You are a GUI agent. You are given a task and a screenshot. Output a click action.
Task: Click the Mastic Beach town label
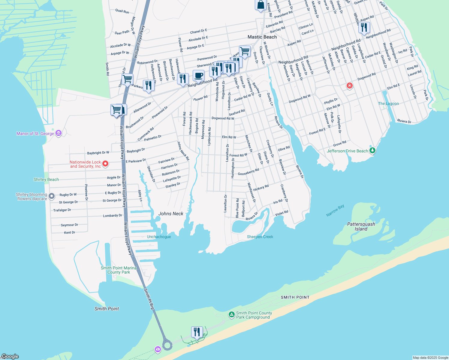262,37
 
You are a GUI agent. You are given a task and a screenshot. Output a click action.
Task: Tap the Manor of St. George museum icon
59,133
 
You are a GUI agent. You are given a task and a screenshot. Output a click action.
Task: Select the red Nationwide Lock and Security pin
105,164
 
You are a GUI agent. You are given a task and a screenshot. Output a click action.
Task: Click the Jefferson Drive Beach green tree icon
372,151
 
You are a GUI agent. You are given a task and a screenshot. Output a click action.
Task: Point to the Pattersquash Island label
361,226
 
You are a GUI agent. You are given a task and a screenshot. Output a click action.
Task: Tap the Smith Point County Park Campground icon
231,314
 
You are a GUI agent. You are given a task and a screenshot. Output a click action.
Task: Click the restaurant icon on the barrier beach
197,332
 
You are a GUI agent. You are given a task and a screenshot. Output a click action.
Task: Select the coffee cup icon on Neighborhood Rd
198,76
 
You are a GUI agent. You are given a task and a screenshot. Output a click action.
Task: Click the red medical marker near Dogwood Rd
349,86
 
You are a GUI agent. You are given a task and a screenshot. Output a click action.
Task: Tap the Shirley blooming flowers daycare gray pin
52,196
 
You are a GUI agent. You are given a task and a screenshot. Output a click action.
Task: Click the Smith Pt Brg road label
149,299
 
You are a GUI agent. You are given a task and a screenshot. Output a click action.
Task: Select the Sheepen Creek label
260,237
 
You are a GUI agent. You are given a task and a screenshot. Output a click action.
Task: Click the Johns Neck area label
171,214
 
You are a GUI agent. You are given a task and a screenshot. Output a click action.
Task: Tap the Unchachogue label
159,237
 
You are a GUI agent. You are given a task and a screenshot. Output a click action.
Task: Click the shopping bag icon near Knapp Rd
261,5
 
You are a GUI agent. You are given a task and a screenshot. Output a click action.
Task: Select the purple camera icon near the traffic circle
158,349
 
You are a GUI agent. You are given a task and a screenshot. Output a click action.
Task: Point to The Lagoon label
388,103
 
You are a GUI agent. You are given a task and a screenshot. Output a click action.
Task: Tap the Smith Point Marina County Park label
119,270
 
